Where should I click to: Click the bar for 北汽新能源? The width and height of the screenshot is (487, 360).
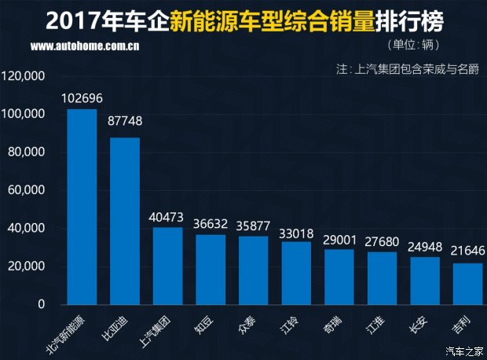point(82,206)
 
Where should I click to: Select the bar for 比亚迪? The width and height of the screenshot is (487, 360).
point(124,221)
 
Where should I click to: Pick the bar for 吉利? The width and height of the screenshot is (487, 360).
point(467,284)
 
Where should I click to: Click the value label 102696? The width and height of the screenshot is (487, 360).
point(82,99)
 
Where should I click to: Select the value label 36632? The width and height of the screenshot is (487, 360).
point(211,225)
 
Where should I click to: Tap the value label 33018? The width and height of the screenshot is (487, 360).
point(296,232)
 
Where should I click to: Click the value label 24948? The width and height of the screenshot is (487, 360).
point(424,247)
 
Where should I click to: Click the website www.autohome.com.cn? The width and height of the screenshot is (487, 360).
point(86,46)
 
